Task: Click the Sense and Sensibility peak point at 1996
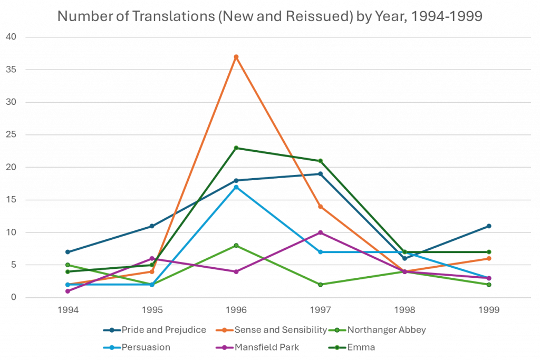pyautogui.click(x=236, y=56)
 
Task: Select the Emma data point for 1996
pyautogui.click(x=236, y=148)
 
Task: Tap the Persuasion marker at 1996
pyautogui.click(x=236, y=187)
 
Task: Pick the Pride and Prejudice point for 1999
pyautogui.click(x=489, y=226)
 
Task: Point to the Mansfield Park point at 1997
pyautogui.click(x=320, y=232)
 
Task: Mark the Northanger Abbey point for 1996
pyautogui.click(x=236, y=245)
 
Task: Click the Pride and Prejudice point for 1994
pyautogui.click(x=67, y=252)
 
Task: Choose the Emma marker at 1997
pyautogui.click(x=320, y=161)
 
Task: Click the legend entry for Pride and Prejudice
pyautogui.click(x=157, y=330)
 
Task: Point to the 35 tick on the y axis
pyautogui.click(x=12, y=70)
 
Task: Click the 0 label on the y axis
pyautogui.click(x=14, y=298)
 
